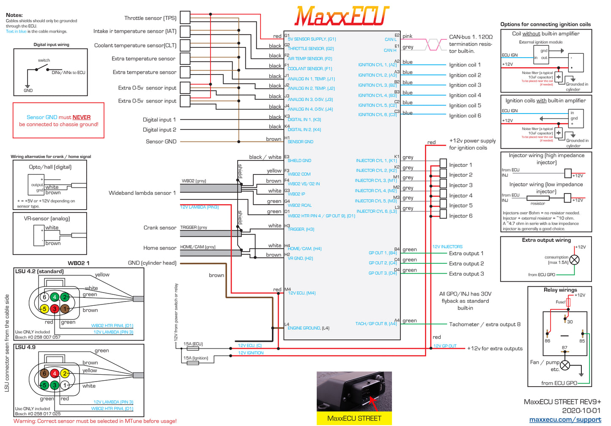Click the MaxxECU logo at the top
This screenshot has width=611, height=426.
pyautogui.click(x=342, y=17)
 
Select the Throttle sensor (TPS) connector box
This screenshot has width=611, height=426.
pyautogui.click(x=184, y=17)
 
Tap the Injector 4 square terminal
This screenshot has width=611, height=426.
pyautogui.click(x=443, y=194)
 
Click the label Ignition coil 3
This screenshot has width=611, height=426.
pyautogui.click(x=465, y=85)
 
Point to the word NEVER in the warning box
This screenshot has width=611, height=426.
pyautogui.click(x=82, y=117)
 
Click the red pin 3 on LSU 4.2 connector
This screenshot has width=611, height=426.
pyautogui.click(x=55, y=309)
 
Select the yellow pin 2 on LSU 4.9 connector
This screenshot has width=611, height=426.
pyautogui.click(x=65, y=373)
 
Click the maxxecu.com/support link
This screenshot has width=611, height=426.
pyautogui.click(x=565, y=419)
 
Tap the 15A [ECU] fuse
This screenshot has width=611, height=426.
pyautogui.click(x=193, y=349)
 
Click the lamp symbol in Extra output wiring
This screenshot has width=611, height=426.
pyautogui.click(x=574, y=260)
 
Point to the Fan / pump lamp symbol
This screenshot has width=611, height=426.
pyautogui.click(x=565, y=365)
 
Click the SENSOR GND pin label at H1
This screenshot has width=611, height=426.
pyautogui.click(x=300, y=142)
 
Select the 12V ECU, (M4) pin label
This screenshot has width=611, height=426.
pyautogui.click(x=301, y=293)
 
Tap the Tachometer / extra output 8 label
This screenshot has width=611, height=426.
pyautogui.click(x=485, y=324)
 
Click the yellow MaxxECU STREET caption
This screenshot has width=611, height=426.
pyautogui.click(x=354, y=418)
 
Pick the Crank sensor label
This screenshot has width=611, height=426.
pyautogui.click(x=160, y=228)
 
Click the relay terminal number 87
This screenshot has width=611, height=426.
pyautogui.click(x=564, y=348)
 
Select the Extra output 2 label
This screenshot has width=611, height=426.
pyautogui.click(x=466, y=263)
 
